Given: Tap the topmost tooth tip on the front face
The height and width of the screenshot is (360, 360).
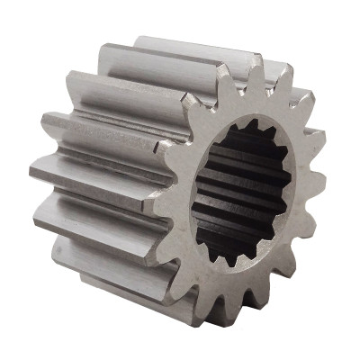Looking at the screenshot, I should pos(255,67).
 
